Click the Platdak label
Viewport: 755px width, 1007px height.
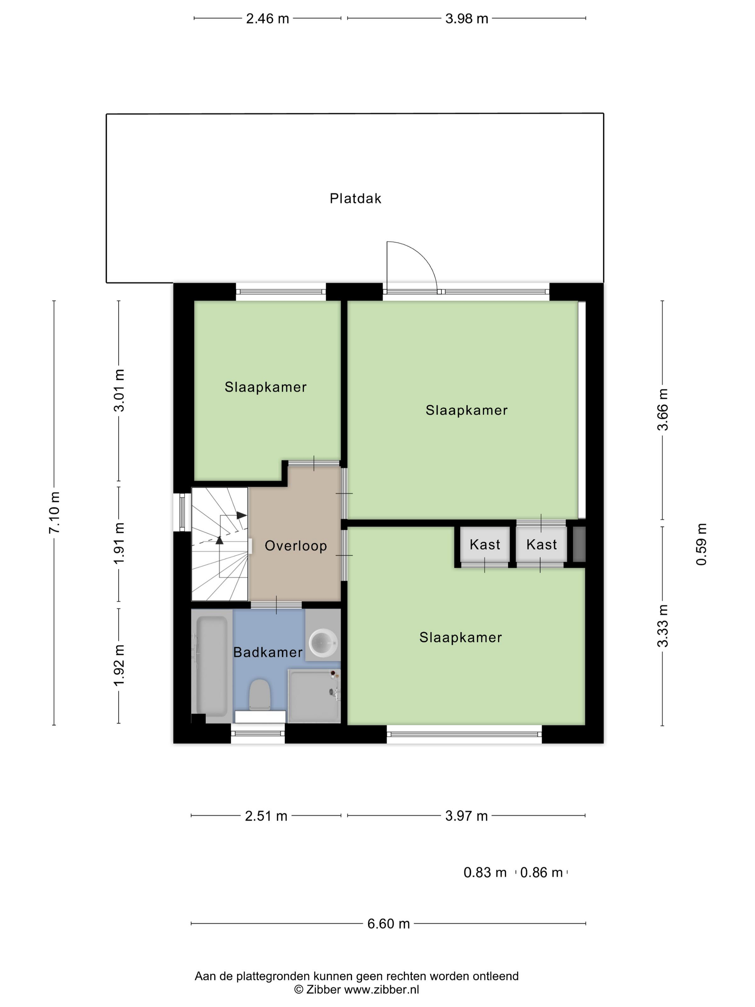[356, 199]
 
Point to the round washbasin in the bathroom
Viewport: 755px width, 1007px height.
[324, 643]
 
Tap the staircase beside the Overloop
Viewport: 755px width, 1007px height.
[220, 544]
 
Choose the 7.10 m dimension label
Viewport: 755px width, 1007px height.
[54, 512]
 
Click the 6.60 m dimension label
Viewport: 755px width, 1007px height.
[389, 924]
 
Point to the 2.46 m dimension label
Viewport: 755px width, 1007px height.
[267, 19]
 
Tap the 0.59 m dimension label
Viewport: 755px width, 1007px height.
[702, 544]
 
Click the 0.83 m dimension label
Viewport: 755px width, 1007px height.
[485, 873]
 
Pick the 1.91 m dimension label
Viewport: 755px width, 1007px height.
[119, 543]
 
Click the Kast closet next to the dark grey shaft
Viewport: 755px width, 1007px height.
[541, 544]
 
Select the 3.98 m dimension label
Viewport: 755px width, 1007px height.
[467, 19]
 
